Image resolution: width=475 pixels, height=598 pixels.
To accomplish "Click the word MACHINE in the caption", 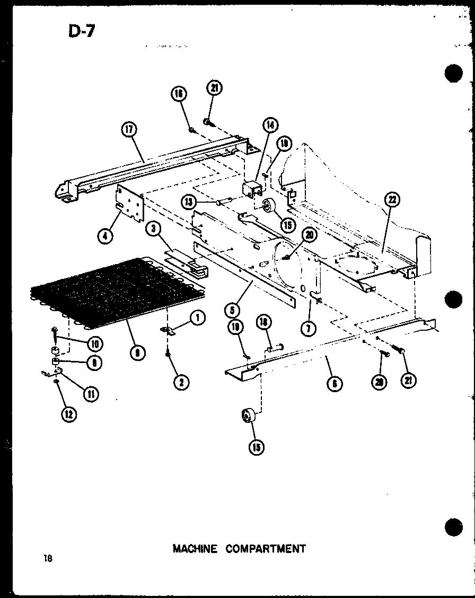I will (x=195, y=548).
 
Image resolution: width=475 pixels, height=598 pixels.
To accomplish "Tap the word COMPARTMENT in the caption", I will (x=266, y=548).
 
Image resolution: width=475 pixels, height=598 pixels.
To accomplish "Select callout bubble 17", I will (x=129, y=131).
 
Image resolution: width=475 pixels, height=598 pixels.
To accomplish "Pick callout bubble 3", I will (x=153, y=229).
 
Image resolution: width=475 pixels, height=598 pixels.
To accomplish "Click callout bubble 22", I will (x=393, y=200).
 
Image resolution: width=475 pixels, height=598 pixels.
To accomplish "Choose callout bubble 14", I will (x=270, y=125).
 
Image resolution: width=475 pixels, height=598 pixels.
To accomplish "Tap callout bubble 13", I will (x=187, y=201).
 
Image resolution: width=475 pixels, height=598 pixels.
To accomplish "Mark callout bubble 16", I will (x=179, y=94).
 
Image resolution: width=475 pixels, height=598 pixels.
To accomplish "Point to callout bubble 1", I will (x=197, y=318).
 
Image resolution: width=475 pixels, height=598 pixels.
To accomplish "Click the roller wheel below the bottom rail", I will (x=247, y=417).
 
